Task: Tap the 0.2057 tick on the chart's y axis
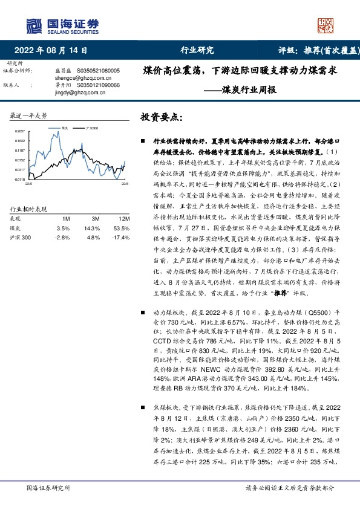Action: click(20, 131)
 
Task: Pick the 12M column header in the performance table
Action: click(123, 218)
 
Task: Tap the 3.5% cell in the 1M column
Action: click(63, 229)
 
